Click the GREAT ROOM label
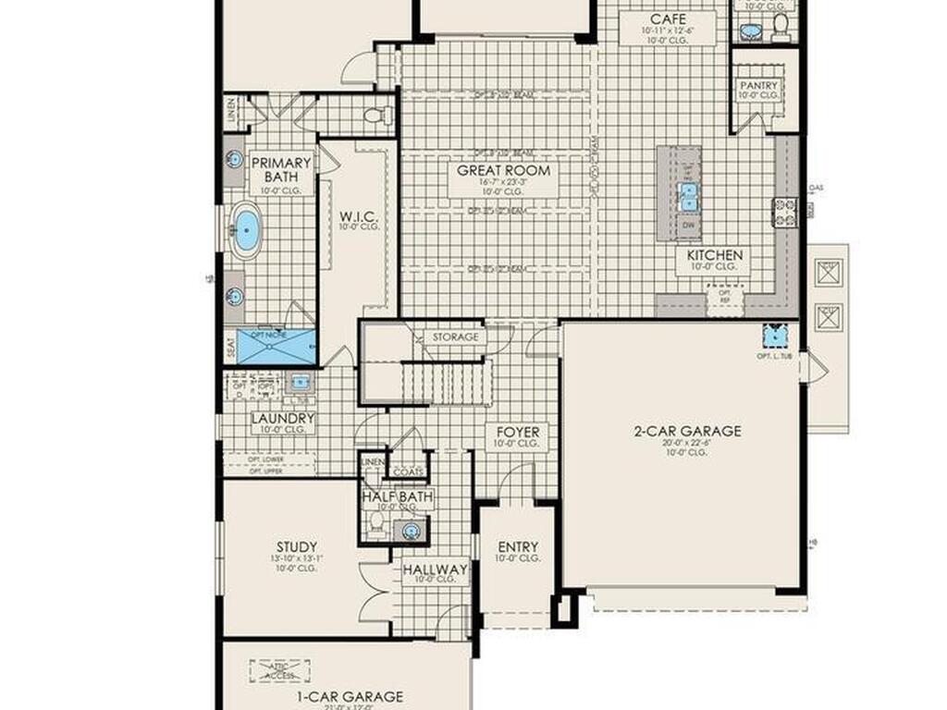[504, 171]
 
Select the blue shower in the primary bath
[277, 347]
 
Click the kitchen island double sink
[688, 195]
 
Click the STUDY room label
[296, 546]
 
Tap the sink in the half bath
[411, 530]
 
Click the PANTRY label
[758, 86]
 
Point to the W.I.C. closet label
[356, 216]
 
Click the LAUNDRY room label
[283, 418]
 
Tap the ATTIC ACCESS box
[279, 670]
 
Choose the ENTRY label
[518, 546]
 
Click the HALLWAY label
[435, 569]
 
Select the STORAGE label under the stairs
[455, 337]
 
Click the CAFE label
[668, 19]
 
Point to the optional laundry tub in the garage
[774, 335]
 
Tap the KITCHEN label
[714, 255]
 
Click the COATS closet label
[408, 471]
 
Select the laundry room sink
[299, 381]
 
